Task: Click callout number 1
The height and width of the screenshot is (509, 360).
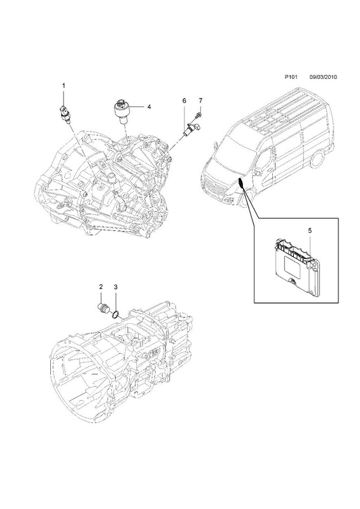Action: (64, 86)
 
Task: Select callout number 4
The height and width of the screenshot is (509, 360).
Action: (149, 106)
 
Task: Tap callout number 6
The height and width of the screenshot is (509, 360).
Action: (184, 101)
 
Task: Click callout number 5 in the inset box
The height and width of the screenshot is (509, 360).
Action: (310, 230)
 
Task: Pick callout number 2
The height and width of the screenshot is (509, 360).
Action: (101, 287)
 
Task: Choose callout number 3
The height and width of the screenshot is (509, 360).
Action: (116, 287)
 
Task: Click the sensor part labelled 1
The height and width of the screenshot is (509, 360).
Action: (65, 114)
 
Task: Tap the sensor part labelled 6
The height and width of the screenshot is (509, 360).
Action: (192, 129)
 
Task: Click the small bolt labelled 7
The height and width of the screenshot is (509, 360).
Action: (198, 115)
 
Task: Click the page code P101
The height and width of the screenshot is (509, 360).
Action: (291, 77)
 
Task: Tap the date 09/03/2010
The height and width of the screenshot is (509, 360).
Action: (323, 77)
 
